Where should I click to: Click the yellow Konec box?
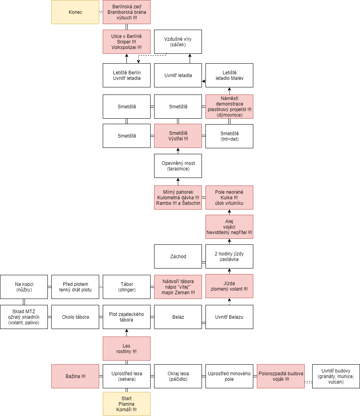75,12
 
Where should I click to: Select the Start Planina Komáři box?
126,404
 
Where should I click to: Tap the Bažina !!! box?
75,376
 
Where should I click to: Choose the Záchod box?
178,256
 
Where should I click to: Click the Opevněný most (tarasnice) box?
178,166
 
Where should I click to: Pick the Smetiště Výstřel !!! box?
178,136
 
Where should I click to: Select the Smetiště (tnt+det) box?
229,136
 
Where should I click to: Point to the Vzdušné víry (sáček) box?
178,42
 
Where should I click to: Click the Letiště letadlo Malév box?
229,76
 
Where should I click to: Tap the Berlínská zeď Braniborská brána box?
126,12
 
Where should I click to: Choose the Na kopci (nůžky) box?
24,287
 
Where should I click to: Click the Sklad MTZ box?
24,317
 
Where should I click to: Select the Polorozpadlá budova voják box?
281,376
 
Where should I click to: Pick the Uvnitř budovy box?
336,376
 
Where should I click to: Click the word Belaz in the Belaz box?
178,317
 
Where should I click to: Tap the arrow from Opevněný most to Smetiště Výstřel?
178,151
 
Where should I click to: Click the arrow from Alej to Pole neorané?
229,212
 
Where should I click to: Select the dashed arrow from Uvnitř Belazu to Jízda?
229,301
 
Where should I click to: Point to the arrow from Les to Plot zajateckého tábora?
126,333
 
